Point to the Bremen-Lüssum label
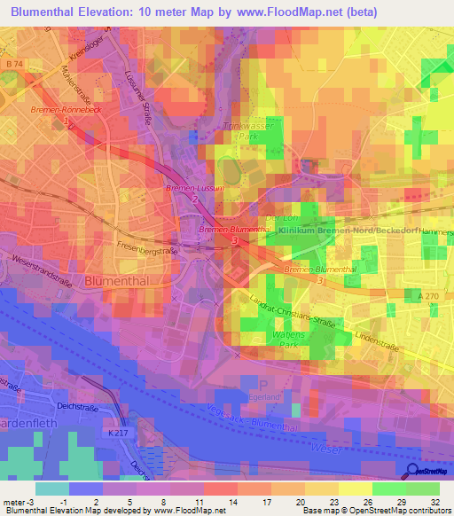point(191,190)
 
